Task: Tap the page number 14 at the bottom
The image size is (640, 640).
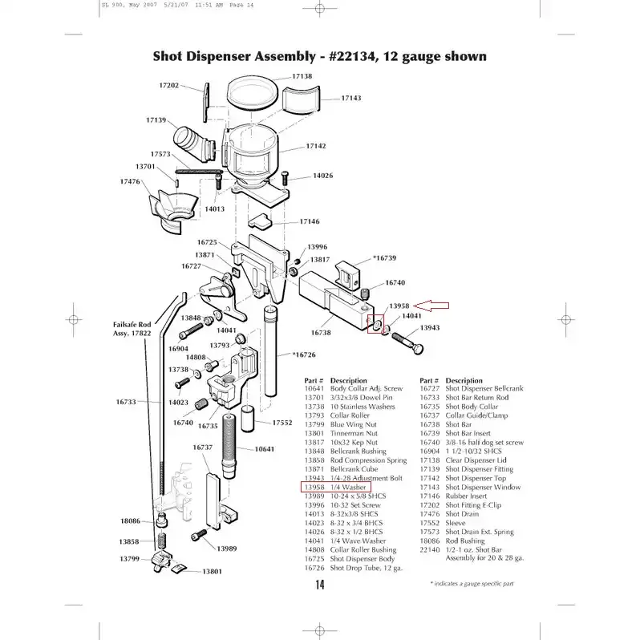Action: pyautogui.click(x=319, y=585)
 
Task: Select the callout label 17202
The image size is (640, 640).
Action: pyautogui.click(x=168, y=85)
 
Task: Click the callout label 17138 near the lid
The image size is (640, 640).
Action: pyautogui.click(x=302, y=76)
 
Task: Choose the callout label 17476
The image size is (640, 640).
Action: pyautogui.click(x=130, y=182)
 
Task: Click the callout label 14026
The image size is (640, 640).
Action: pyautogui.click(x=322, y=175)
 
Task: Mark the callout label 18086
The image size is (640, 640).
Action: pyautogui.click(x=130, y=521)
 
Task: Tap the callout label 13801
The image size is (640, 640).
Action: pyautogui.click(x=212, y=570)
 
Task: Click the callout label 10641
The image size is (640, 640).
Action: pyautogui.click(x=265, y=449)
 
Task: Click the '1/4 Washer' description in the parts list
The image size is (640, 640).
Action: pyautogui.click(x=349, y=487)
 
